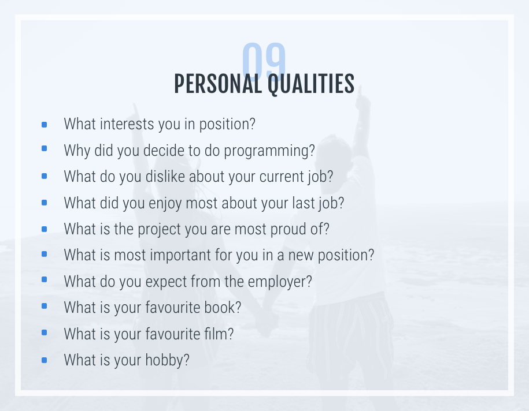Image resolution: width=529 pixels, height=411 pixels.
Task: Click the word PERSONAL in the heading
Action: [x=218, y=84]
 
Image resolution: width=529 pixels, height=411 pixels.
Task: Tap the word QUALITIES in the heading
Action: [x=311, y=84]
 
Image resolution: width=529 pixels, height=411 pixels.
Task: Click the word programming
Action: [x=269, y=151]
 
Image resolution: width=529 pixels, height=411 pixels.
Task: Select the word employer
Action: [x=280, y=282]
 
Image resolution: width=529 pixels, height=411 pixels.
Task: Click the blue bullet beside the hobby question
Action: [x=44, y=360]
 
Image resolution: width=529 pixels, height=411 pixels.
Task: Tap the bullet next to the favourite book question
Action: [x=44, y=306]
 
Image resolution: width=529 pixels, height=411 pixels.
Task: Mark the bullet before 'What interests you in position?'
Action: [x=44, y=125]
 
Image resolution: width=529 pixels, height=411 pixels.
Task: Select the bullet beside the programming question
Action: [x=44, y=148]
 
